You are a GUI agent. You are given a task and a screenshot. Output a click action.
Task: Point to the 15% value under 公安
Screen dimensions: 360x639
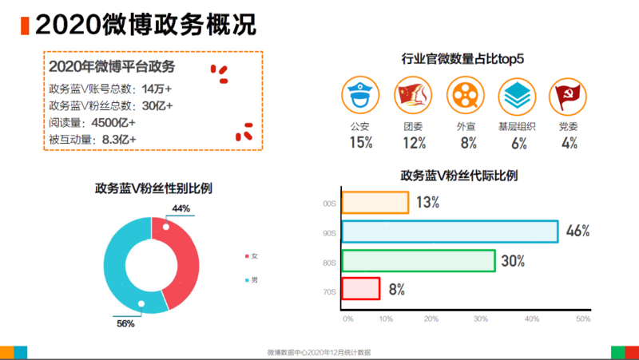click(x=361, y=143)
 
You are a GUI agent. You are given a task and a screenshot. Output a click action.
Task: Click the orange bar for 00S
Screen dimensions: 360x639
click(x=375, y=203)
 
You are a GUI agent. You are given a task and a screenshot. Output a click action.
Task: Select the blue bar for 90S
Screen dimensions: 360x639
click(x=449, y=231)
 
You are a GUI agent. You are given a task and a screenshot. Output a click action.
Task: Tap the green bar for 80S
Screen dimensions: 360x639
click(x=418, y=261)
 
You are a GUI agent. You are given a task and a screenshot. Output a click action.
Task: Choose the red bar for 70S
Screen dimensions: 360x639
click(x=360, y=289)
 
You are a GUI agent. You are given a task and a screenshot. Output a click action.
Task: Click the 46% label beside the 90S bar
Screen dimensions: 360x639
click(x=577, y=231)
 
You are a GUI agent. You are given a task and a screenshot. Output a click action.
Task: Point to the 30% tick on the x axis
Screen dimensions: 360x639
click(x=481, y=318)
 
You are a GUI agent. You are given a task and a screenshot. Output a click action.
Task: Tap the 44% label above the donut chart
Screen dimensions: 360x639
click(x=181, y=208)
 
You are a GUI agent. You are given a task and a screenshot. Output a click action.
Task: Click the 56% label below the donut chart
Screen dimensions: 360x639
click(x=126, y=322)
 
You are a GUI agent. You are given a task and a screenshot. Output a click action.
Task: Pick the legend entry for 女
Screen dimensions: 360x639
click(x=251, y=256)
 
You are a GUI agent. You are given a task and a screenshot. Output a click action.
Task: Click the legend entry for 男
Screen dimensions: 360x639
click(x=251, y=280)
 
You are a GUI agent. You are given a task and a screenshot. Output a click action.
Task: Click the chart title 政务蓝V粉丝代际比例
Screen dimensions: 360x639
click(x=458, y=176)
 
